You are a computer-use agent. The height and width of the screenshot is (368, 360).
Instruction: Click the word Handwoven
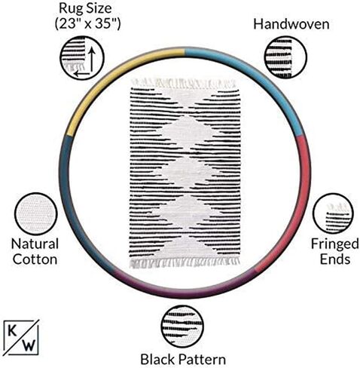point(291,24)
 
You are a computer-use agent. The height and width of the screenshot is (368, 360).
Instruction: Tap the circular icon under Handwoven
point(285,57)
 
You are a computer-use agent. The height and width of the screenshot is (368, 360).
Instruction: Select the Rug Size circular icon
point(82,58)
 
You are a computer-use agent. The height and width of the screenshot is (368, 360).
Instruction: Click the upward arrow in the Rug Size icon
point(92,60)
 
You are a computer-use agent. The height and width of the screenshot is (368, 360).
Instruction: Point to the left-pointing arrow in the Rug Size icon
point(81,74)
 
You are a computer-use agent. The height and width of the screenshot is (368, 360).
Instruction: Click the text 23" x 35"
point(87,24)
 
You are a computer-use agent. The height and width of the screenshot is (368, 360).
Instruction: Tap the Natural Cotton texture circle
point(36,214)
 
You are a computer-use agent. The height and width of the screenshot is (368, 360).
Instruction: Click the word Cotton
point(35,259)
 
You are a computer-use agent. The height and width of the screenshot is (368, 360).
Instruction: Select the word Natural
point(35,244)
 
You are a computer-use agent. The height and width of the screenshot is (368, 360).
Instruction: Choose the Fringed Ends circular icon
point(333,213)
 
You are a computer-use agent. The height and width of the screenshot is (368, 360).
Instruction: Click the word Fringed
point(335,244)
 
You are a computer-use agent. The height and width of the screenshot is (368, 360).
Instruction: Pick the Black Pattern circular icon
point(182,327)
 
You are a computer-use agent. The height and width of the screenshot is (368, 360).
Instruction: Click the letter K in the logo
point(12,331)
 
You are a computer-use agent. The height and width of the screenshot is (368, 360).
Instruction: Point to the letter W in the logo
point(29,345)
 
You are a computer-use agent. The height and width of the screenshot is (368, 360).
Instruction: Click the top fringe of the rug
point(183,84)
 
